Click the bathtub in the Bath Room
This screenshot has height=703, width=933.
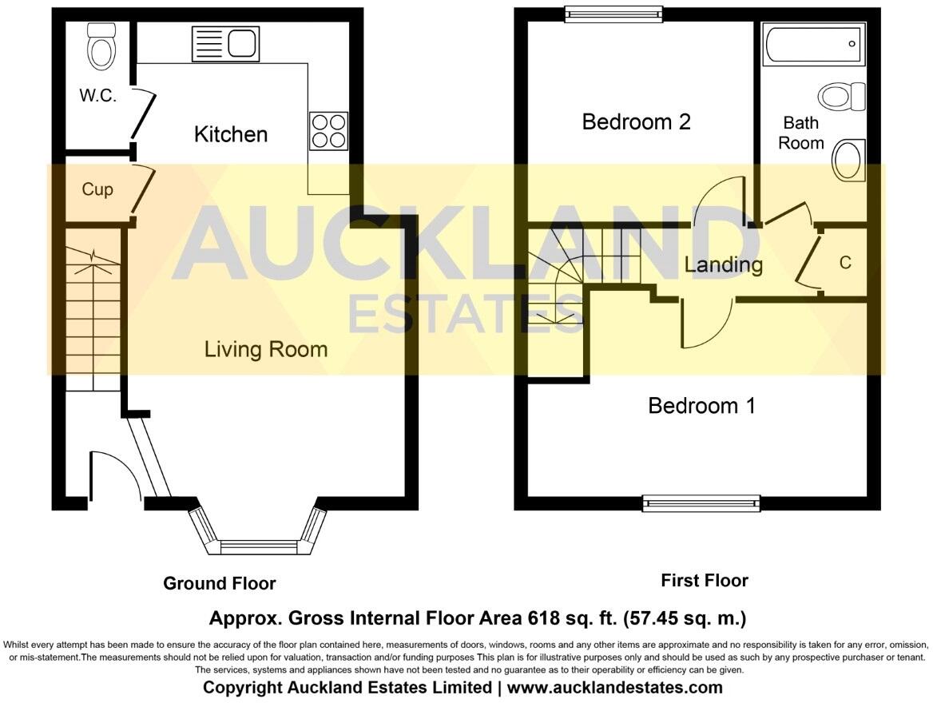coord(813,44)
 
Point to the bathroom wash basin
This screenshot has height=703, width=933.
coord(848,160)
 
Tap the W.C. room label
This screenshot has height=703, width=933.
coord(98,96)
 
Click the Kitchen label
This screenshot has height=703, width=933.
coord(231,133)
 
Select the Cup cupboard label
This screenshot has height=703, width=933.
coord(97,189)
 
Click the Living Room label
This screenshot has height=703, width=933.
coord(266,349)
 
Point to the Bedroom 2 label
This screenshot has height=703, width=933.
coord(636,122)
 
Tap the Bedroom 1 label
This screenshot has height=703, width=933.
coord(701,406)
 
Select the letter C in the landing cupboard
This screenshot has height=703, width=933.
coord(845,263)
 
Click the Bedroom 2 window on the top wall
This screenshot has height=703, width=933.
coord(613,12)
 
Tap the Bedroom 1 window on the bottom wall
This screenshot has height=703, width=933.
coord(701,503)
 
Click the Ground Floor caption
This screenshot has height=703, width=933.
coord(220,583)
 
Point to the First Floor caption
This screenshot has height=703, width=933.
coord(705,581)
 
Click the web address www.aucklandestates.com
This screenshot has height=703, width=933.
coord(615,687)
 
